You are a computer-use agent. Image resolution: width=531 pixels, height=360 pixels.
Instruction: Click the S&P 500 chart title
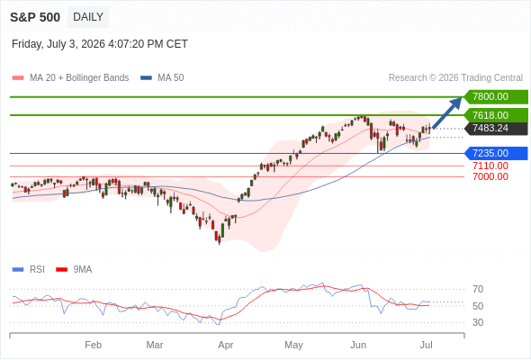coord(35,17)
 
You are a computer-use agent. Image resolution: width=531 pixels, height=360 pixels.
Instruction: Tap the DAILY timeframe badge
coord(88,17)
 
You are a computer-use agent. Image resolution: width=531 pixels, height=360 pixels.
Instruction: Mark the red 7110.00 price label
coord(490,166)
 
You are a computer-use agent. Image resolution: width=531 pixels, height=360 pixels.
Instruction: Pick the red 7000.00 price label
coord(490,176)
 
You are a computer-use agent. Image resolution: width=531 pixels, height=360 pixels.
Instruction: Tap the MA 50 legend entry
coord(162,78)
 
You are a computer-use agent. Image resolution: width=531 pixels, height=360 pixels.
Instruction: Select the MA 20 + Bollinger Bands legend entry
coord(70,78)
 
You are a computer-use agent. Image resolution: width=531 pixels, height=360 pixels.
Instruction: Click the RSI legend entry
coord(29,270)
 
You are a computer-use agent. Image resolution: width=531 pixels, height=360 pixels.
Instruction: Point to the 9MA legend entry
coord(74,270)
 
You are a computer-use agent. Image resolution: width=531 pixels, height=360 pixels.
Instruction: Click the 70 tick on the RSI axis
coord(478,289)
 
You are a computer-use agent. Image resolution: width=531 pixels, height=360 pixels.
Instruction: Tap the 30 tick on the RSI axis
coord(478,322)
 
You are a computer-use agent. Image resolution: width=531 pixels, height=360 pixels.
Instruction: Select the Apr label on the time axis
coord(226,345)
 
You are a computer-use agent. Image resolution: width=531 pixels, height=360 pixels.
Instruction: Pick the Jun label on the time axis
coord(358,345)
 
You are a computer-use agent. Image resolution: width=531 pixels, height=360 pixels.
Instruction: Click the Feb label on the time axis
coord(93,345)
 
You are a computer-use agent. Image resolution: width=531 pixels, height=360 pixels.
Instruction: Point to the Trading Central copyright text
coord(455,78)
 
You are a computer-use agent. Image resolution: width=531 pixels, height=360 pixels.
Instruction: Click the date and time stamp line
coord(100,44)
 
